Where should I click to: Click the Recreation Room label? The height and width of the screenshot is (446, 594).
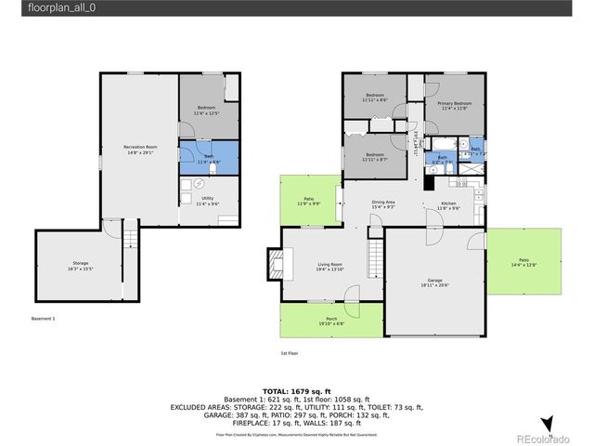(140, 150)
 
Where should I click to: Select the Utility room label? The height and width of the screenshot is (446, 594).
(208, 201)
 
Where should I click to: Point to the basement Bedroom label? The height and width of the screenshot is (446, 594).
(207, 110)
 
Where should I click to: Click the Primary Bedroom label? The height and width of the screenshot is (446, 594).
(455, 105)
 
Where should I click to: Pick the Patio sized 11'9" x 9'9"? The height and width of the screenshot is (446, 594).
(308, 201)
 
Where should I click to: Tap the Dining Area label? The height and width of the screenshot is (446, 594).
(383, 204)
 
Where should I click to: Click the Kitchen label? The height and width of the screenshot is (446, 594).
(448, 205)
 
